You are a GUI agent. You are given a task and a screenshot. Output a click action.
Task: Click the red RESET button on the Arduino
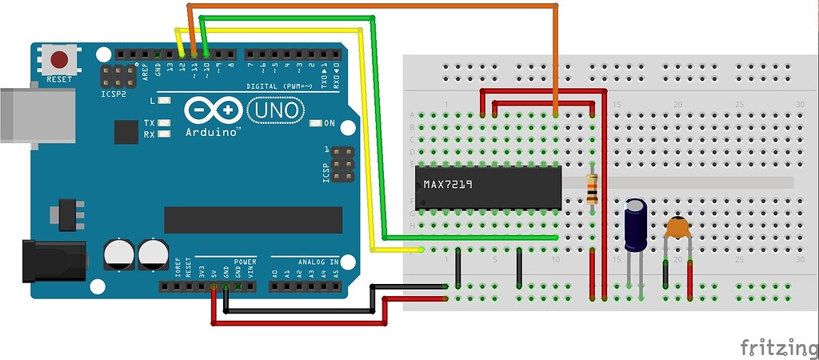click(x=59, y=60)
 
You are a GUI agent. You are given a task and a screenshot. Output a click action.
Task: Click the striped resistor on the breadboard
click(x=592, y=189)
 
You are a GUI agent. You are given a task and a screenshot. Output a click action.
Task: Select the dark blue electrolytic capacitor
click(x=636, y=224)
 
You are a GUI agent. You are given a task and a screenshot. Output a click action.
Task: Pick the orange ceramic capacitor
click(x=677, y=228)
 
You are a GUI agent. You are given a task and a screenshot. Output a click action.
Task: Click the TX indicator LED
click(x=164, y=123)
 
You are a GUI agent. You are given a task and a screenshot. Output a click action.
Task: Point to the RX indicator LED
click(x=164, y=134)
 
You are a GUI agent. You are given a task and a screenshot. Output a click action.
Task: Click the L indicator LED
click(x=164, y=101)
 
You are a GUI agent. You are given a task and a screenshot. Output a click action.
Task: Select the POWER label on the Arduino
click(x=245, y=262)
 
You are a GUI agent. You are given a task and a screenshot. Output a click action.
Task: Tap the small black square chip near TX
click(x=126, y=131)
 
